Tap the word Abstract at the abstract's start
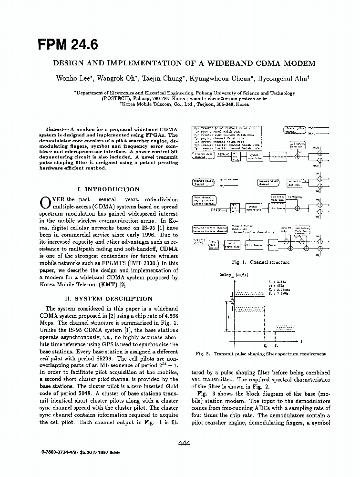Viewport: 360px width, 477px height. (x=56, y=130)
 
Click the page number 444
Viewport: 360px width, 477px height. (x=184, y=444)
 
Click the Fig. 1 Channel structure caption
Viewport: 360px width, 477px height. (x=260, y=262)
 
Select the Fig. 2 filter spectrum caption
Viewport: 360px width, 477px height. (x=261, y=353)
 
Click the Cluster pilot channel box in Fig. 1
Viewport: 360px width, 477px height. (x=295, y=129)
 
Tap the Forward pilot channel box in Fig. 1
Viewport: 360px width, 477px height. (x=203, y=182)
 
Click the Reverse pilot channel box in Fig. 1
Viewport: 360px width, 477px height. (x=268, y=182)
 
